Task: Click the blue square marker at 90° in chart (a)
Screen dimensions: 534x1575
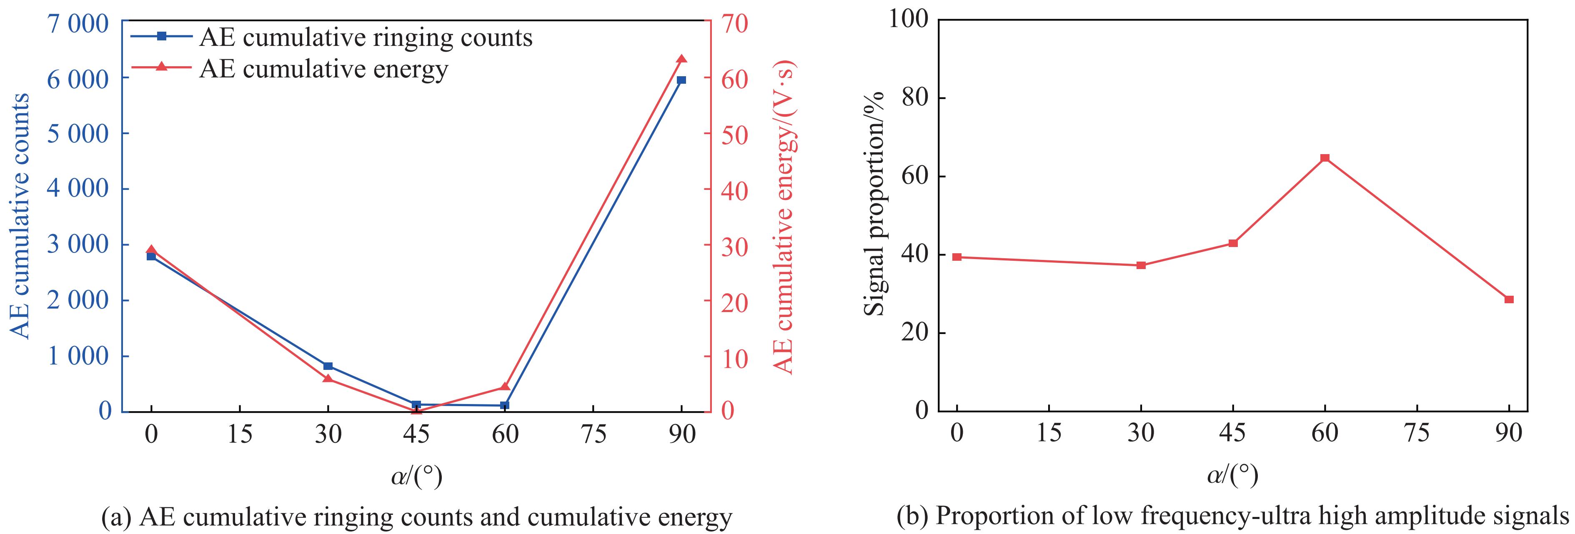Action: click(x=681, y=80)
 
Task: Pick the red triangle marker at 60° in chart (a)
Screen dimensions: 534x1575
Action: click(x=504, y=387)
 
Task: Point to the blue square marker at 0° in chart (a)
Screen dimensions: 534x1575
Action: click(x=151, y=257)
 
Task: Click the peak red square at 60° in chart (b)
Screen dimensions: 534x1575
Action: click(x=1325, y=158)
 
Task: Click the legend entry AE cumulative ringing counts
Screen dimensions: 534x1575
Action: click(x=366, y=38)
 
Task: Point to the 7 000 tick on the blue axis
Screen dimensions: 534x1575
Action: click(x=80, y=24)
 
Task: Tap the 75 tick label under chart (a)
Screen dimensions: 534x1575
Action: click(x=593, y=434)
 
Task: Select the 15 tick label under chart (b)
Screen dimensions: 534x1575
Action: click(x=1049, y=433)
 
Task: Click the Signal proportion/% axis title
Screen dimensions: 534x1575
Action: click(x=875, y=203)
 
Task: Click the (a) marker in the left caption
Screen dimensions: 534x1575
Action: click(x=115, y=517)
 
